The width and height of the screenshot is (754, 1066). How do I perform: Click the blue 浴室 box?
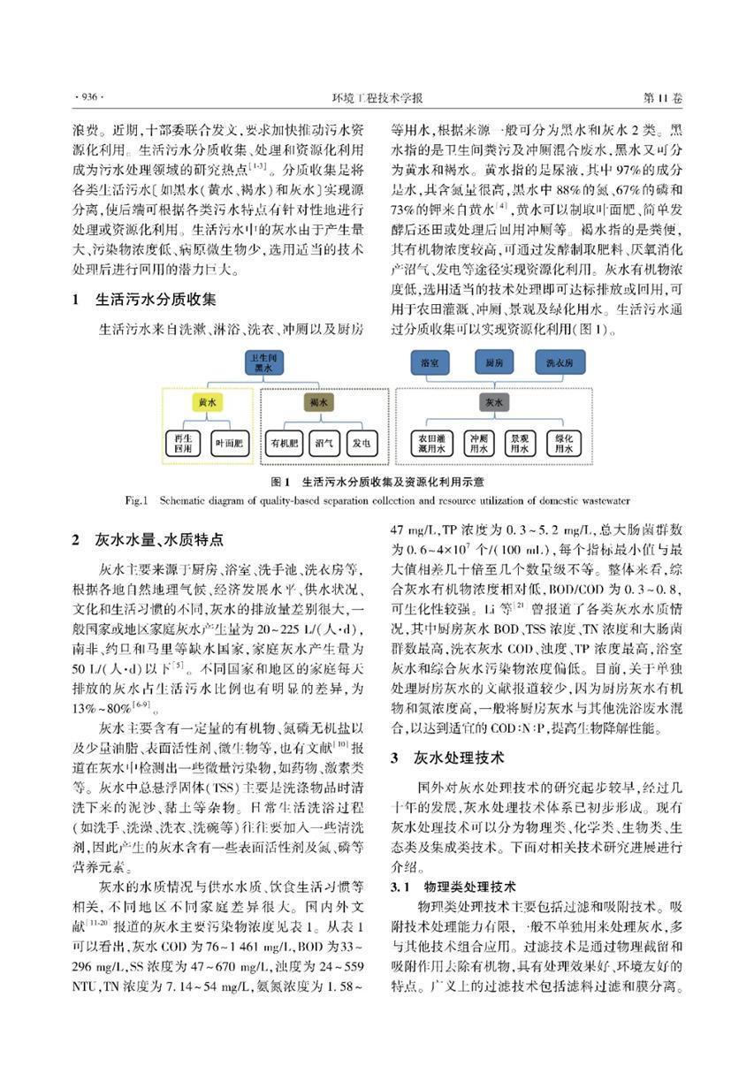pos(430,362)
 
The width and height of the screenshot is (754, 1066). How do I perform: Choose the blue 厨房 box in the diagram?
pos(495,362)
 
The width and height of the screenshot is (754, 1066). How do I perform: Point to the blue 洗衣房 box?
pos(559,362)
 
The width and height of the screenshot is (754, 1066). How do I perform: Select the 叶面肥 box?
pos(231,442)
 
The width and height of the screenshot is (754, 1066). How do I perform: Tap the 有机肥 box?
pos(286,442)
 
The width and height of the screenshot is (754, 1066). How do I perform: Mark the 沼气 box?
pos(323,442)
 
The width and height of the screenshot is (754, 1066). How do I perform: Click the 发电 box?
pos(359,442)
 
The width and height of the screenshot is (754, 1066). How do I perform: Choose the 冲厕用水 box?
pos(478,443)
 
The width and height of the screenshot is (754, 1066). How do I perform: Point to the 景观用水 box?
pos(519,443)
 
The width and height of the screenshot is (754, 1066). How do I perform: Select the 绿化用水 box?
pos(562,443)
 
